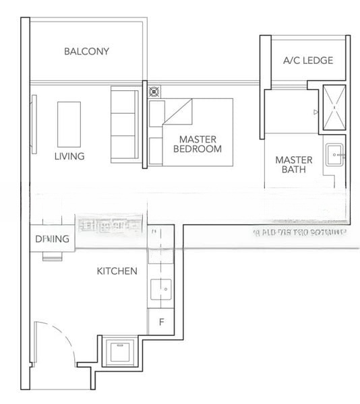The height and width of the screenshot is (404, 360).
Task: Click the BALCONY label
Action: point(86,51)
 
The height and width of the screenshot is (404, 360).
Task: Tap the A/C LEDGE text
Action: point(307,61)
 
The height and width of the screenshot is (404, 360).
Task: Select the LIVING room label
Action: point(69,156)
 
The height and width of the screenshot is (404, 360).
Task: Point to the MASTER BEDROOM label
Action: point(197,144)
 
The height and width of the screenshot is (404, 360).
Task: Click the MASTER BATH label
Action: point(294,165)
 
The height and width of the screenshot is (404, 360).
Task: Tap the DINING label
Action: point(52,239)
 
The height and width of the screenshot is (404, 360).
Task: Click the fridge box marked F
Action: point(161,323)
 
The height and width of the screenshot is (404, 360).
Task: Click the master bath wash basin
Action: point(335,156)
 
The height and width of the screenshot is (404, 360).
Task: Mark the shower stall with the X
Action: point(334,108)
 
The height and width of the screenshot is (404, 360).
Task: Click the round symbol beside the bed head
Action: point(153,90)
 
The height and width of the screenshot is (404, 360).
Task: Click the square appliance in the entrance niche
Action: point(119,351)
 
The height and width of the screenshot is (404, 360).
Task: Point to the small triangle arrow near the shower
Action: point(316,112)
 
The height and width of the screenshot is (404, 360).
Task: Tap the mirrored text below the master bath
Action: point(297,233)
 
